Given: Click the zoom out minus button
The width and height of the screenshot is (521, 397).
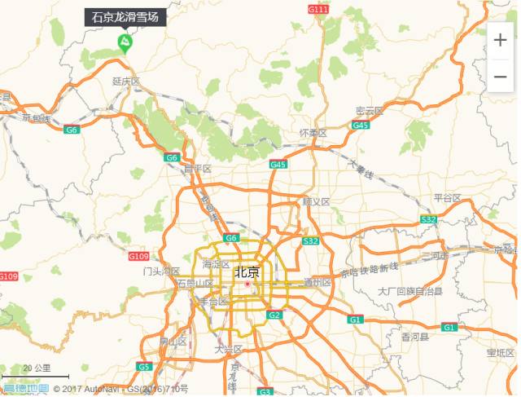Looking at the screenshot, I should (500, 77).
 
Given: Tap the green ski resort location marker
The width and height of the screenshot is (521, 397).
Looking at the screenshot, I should (125, 43).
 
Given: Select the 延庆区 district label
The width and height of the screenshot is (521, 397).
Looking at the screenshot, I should (126, 82).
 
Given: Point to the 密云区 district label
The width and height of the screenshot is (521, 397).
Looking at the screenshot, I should (369, 111).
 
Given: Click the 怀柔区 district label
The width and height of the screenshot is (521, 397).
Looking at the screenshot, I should (313, 133).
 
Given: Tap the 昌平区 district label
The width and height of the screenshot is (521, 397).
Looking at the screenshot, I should (197, 169).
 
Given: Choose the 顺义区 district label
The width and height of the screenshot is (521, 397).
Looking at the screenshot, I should (316, 201).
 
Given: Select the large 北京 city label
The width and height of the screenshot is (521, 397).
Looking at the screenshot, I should (247, 272).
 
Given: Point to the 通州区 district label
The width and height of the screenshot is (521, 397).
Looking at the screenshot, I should (317, 283).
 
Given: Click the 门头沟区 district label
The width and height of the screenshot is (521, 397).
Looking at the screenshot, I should (160, 271).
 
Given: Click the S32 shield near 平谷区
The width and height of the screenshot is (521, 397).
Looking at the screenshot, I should (428, 220).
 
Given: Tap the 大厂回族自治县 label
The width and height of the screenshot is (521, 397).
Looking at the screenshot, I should (410, 291).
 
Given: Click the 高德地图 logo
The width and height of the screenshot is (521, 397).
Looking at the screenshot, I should (24, 389).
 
